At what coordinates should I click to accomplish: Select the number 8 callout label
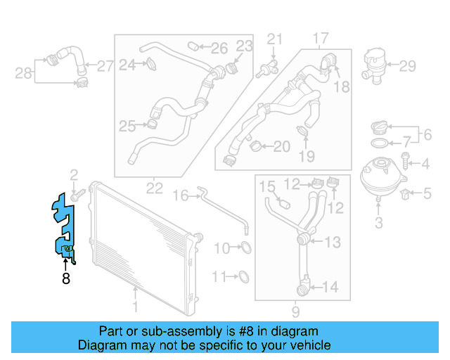65,279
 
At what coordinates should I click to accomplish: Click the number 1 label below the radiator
135,306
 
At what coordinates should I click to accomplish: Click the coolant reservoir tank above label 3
379,179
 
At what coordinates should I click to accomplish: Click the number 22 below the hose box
155,188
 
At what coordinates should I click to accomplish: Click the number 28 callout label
23,72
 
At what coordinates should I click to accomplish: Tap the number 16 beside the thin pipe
181,195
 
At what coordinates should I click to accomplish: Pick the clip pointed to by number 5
406,191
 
